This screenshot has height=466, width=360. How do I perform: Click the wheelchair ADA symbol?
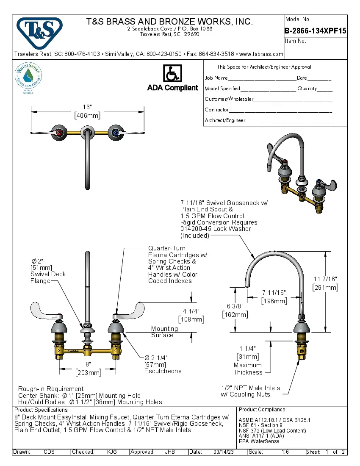pos(172,74)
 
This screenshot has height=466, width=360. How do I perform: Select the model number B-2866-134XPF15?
pos(316,31)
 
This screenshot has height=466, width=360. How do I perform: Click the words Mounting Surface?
pos(164,332)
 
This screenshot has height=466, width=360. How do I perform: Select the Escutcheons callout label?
pos(163,371)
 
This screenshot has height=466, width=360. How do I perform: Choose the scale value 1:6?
pos(285,452)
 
